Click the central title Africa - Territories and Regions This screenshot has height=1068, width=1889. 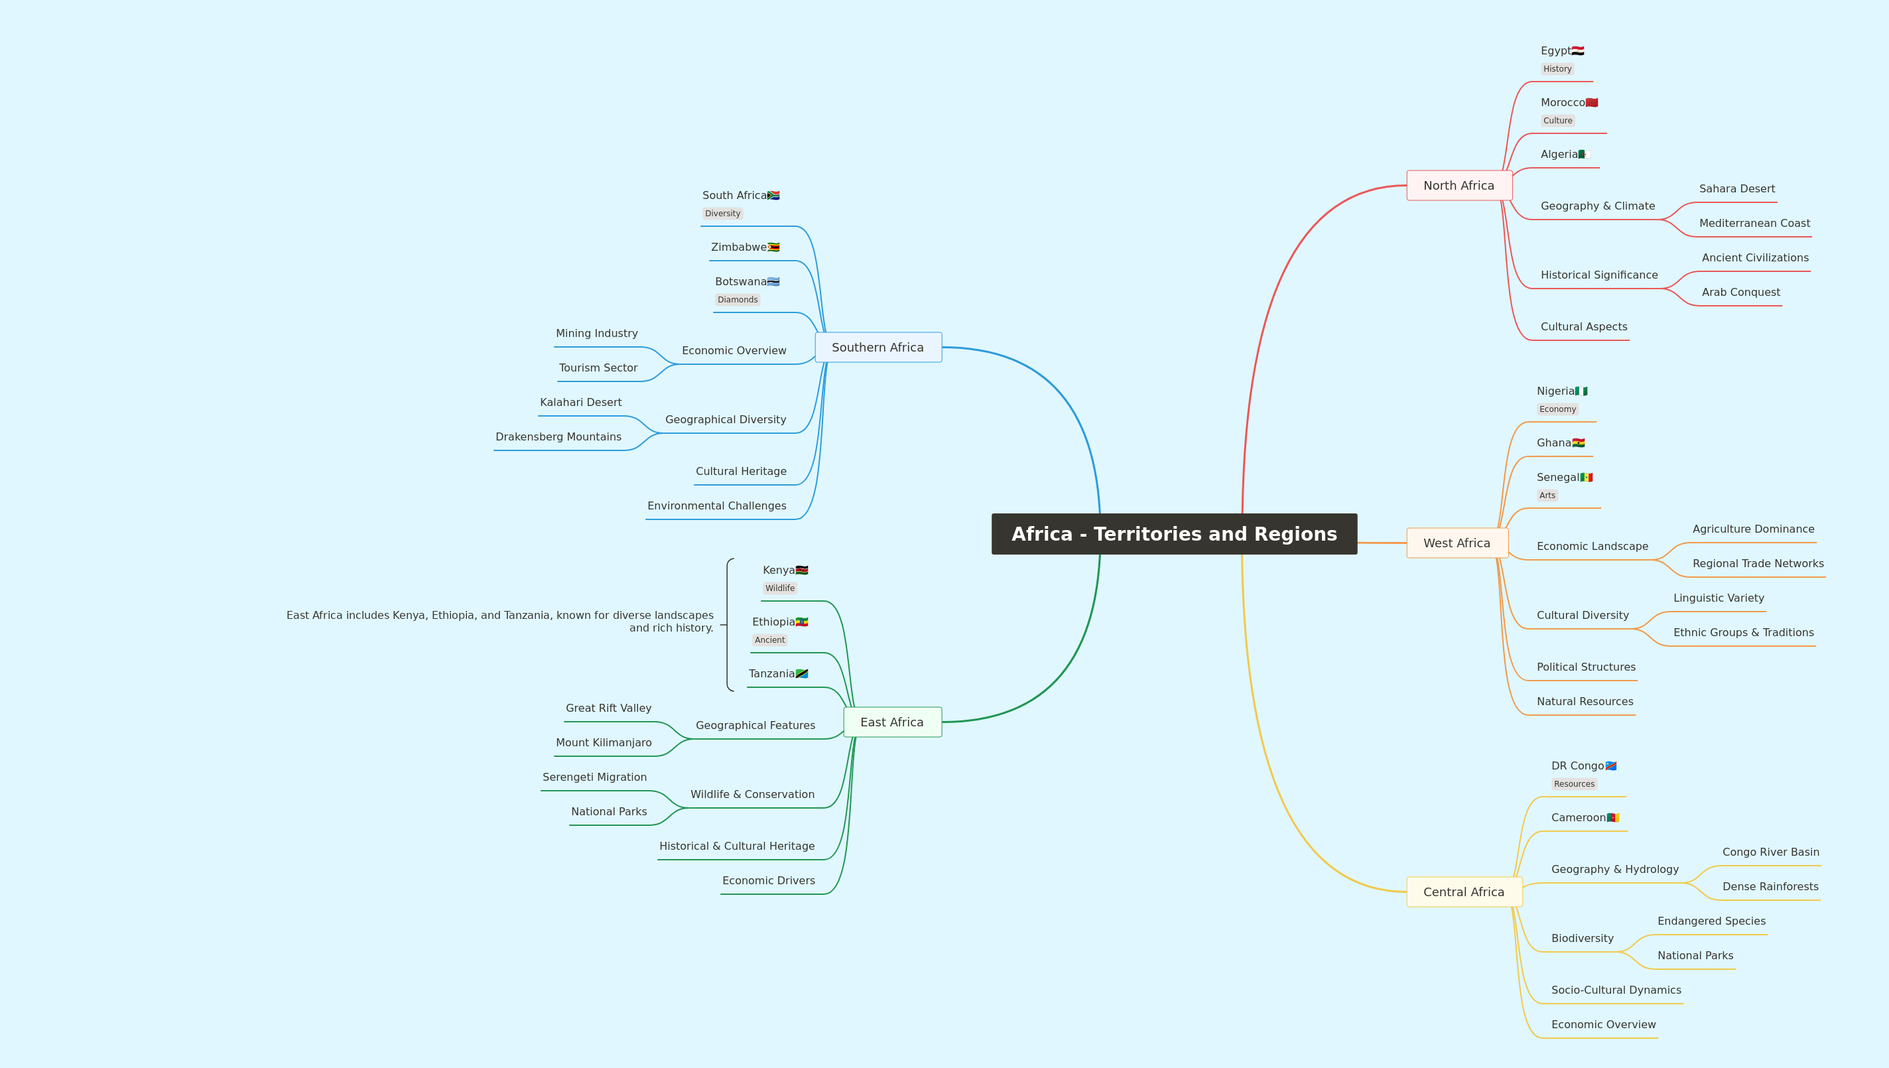tap(1174, 534)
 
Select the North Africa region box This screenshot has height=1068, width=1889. tap(1459, 186)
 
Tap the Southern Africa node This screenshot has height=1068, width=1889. tap(878, 347)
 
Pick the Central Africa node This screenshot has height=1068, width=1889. tap(1465, 892)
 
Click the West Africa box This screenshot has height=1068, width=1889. tap(1457, 543)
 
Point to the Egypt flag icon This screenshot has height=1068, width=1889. tap(1578, 50)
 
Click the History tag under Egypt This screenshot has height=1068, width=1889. tap(1557, 69)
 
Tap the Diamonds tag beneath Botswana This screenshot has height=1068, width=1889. tap(737, 299)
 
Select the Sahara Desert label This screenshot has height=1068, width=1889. tap(1737, 188)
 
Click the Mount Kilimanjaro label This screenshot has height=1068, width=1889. tap(604, 742)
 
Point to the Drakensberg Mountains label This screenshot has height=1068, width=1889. tap(558, 436)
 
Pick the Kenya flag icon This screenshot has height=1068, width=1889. tap(801, 570)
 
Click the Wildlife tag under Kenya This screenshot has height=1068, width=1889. tap(779, 588)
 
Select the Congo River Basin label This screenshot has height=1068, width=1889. tap(1771, 852)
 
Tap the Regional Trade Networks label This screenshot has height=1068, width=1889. tap(1758, 563)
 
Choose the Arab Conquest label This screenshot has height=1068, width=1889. tap(1741, 292)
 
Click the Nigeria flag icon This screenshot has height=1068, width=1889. tap(1581, 391)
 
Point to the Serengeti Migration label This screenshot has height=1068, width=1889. tap(595, 777)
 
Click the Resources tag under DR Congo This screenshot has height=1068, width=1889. tap(1574, 784)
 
